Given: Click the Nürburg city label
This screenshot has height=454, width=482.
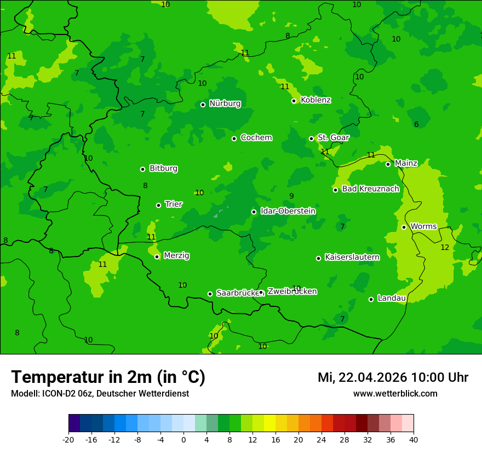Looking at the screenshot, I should click(x=225, y=103).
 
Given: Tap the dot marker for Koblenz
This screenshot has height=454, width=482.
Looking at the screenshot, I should click(x=294, y=101).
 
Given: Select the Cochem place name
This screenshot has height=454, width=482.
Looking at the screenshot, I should click(x=256, y=138).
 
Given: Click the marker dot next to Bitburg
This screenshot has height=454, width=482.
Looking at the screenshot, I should click(x=142, y=169).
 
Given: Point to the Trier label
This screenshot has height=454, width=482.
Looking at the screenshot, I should click(x=174, y=205).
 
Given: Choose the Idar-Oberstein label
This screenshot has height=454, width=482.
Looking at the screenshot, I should click(x=288, y=211).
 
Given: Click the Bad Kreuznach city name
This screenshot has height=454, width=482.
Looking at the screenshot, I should click(x=370, y=189).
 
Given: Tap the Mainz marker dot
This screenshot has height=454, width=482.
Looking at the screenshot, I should click(x=388, y=164).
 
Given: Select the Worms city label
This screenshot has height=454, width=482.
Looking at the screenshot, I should click(x=423, y=226).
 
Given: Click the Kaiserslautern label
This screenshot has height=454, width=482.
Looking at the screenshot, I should click(x=352, y=257).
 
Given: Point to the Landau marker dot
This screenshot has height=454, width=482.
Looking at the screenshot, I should click(x=371, y=299).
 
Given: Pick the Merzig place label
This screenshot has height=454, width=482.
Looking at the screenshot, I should click(x=176, y=256).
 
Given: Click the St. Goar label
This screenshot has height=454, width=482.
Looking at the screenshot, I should click(x=333, y=138).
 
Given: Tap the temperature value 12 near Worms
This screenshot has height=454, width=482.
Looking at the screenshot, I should click(x=445, y=248).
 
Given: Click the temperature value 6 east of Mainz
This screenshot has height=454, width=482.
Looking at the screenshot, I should click(x=416, y=125).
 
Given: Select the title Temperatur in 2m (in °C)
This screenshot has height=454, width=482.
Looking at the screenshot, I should click(x=108, y=377).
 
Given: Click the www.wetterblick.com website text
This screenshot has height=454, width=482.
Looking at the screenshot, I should click(x=395, y=394).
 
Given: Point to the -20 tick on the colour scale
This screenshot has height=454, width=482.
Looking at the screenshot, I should click(x=68, y=440).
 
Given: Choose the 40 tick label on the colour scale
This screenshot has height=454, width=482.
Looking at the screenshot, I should click(x=414, y=440).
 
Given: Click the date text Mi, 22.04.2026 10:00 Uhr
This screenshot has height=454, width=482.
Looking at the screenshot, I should click(x=393, y=377).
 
